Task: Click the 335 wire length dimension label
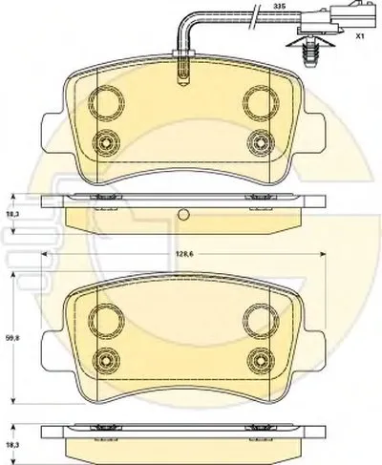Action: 279,6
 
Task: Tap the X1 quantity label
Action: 360,36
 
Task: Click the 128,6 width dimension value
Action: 184,254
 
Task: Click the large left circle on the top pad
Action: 106,103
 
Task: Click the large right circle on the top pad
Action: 261,103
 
